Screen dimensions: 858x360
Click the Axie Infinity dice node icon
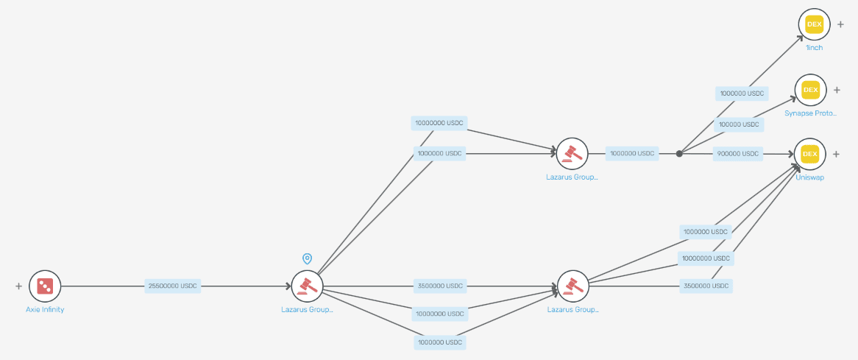(45, 286)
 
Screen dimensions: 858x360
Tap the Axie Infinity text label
(45, 310)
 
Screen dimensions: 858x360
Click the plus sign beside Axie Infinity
(18, 286)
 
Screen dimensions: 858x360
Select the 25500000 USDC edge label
(172, 286)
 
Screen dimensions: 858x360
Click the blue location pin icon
(307, 258)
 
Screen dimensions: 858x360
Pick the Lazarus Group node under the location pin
(307, 286)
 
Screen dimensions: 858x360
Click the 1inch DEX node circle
(815, 24)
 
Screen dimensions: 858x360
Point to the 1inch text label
(815, 48)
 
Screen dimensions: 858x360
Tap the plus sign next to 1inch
(840, 24)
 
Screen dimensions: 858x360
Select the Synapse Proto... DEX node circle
(810, 90)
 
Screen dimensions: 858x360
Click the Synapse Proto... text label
(810, 114)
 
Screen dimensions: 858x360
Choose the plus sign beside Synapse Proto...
(837, 90)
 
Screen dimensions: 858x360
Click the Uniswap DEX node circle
(810, 154)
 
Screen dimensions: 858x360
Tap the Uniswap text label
(810, 178)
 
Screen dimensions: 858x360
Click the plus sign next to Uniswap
(836, 154)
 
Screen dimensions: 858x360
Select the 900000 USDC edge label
(738, 154)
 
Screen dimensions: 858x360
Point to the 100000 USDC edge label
(739, 124)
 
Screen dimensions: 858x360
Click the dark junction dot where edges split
(679, 154)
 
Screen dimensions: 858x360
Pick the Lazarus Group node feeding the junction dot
(572, 154)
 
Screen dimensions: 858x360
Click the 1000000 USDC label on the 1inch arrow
(742, 93)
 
